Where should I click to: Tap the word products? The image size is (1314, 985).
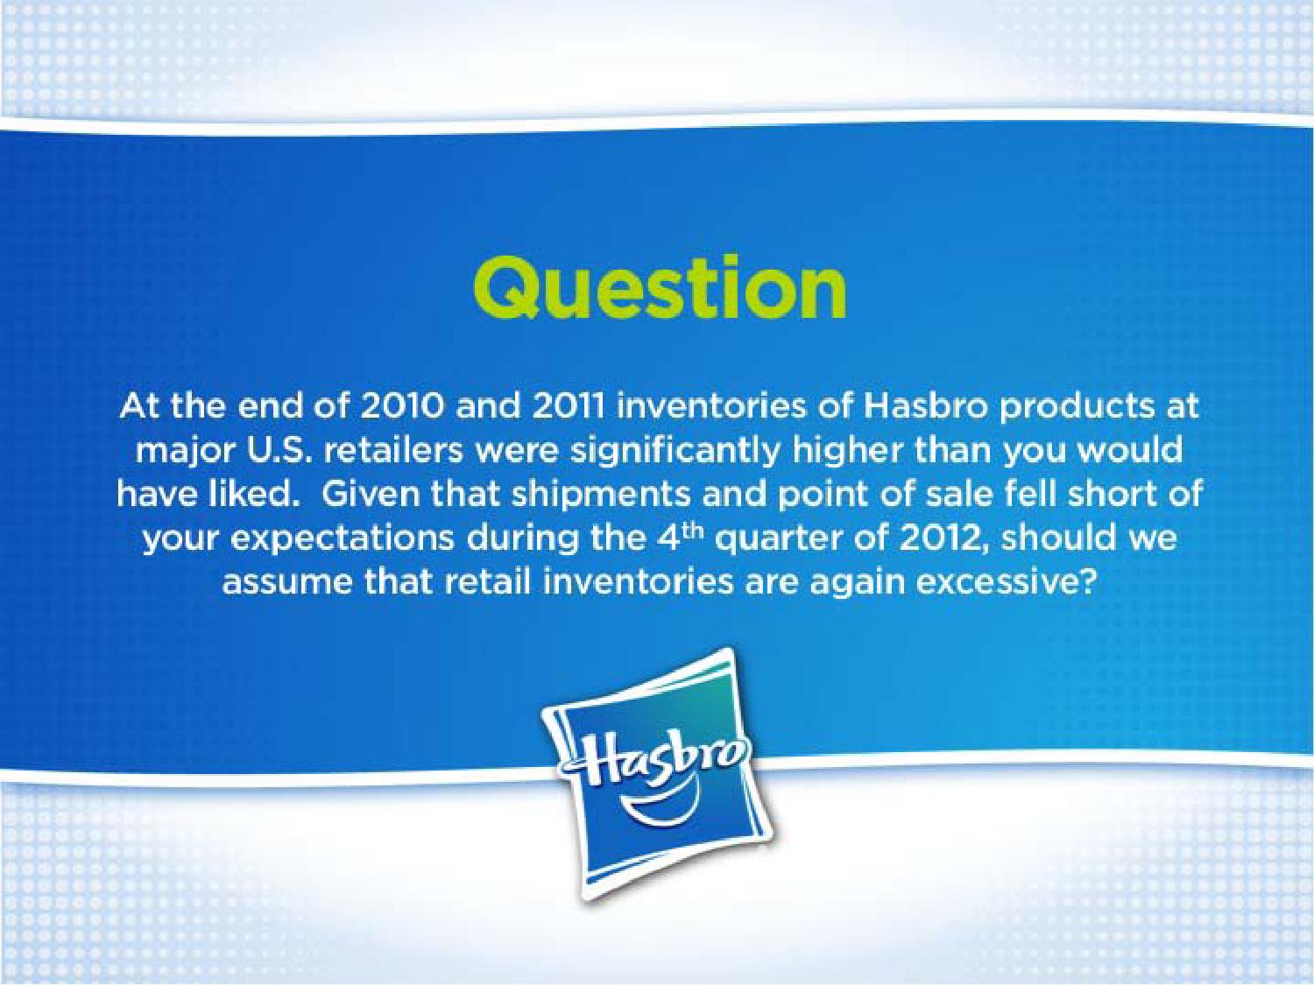pyautogui.click(x=1070, y=407)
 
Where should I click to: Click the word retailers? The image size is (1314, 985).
pyautogui.click(x=394, y=452)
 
